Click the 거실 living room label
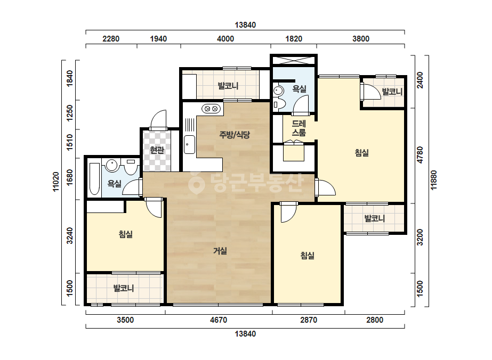220,251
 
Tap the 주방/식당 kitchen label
235,135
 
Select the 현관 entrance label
157,150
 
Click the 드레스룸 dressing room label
299,128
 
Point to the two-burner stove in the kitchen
211,109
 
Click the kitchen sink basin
189,144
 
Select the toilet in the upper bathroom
279,103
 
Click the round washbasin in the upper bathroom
278,91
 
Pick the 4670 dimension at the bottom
219,320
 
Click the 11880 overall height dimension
434,180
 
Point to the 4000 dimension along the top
225,38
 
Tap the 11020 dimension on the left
56,182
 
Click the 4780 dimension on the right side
420,154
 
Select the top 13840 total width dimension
245,25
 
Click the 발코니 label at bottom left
124,288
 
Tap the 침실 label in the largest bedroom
362,153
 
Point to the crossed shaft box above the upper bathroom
294,60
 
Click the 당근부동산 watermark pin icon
196,183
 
